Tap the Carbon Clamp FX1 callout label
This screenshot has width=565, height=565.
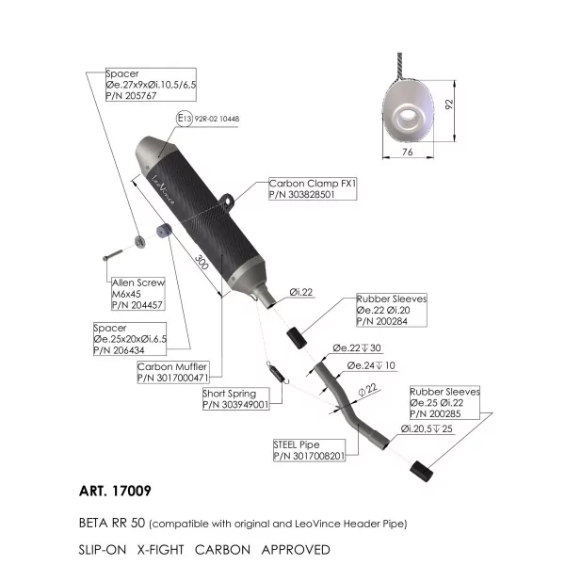(x=313, y=188)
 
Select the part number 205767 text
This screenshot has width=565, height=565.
(x=131, y=96)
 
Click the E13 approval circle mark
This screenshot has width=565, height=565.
(x=185, y=119)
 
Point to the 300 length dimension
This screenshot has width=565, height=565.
(x=202, y=262)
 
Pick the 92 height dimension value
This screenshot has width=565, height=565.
(x=448, y=105)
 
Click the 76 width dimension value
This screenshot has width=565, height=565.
(x=407, y=152)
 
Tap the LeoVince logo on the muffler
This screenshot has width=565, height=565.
(x=163, y=190)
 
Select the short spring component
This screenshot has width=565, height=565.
(x=278, y=373)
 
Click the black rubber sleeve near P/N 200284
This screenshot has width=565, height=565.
(x=297, y=338)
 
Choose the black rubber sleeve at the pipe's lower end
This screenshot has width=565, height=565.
(x=421, y=471)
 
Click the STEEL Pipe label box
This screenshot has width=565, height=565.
(x=309, y=450)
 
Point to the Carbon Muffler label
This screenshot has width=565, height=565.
(x=173, y=372)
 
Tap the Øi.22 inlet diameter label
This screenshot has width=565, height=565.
(x=301, y=292)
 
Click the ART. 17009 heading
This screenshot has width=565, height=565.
(x=115, y=491)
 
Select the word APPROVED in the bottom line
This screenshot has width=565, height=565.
(x=296, y=550)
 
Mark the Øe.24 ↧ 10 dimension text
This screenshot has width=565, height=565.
(x=371, y=365)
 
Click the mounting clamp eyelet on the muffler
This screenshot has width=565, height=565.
(x=227, y=200)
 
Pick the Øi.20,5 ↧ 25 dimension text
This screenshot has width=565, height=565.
(x=427, y=428)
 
